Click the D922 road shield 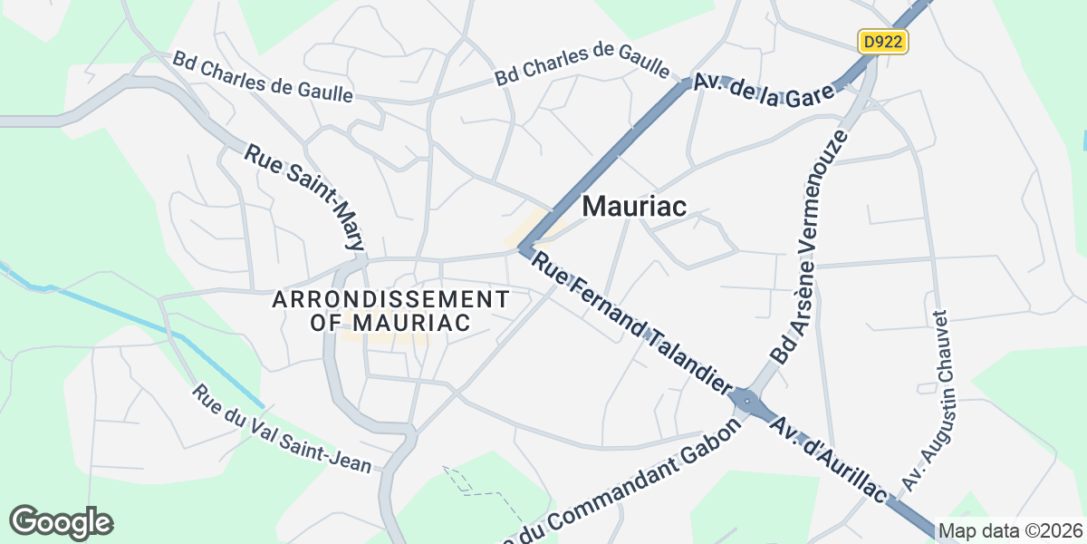tap(882, 42)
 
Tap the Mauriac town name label tap(634, 206)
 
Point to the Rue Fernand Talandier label tap(630, 324)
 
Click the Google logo tap(61, 523)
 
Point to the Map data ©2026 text tap(1010, 530)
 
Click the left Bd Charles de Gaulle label tap(263, 77)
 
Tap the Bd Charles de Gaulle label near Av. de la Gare tap(582, 64)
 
